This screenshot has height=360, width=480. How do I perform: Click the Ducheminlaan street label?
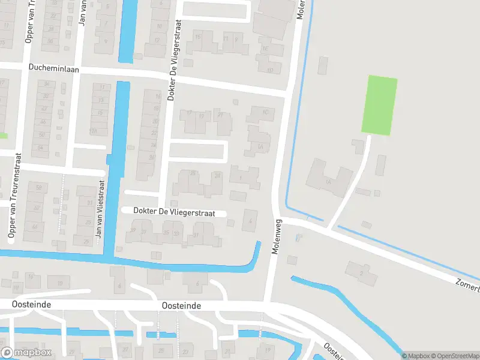click(x=55, y=68)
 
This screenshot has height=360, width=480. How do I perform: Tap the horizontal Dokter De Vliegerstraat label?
click(x=173, y=211)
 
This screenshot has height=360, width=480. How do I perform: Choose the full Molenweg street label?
click(x=277, y=237)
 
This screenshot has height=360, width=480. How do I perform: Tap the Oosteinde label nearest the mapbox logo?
click(x=31, y=305)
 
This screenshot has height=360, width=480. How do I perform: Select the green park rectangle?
click(x=379, y=105)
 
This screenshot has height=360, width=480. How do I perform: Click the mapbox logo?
click(x=26, y=353)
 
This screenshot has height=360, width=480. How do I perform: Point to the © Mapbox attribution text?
click(x=416, y=356)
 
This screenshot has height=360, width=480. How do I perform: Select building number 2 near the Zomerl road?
click(x=361, y=273)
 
